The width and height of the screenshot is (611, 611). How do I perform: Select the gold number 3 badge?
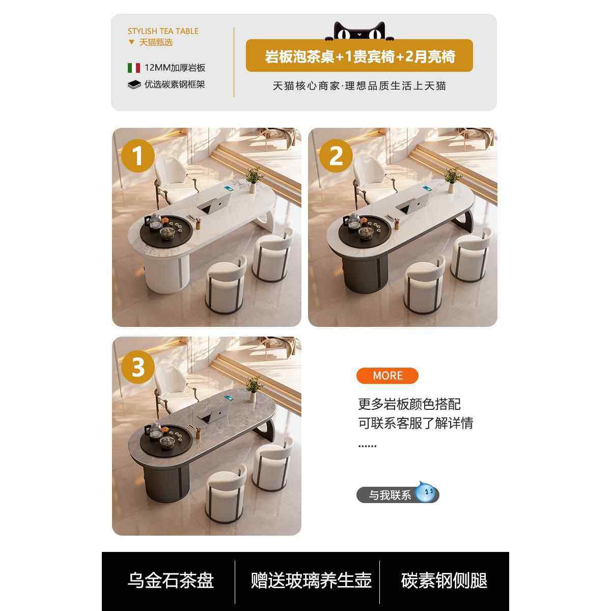137,366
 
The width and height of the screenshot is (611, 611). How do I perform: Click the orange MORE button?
387,376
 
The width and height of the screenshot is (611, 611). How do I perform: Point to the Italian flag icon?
133,68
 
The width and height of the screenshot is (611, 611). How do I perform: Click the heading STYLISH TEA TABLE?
163,31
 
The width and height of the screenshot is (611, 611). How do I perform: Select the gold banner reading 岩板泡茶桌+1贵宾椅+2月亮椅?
359,56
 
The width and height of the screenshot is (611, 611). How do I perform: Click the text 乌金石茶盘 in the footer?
171,580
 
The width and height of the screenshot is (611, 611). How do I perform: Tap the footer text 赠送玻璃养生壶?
311,580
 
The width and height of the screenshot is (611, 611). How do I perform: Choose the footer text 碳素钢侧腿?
444,580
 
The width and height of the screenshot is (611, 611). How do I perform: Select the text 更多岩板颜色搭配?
409,404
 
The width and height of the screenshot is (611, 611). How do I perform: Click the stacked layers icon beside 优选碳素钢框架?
134,85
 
